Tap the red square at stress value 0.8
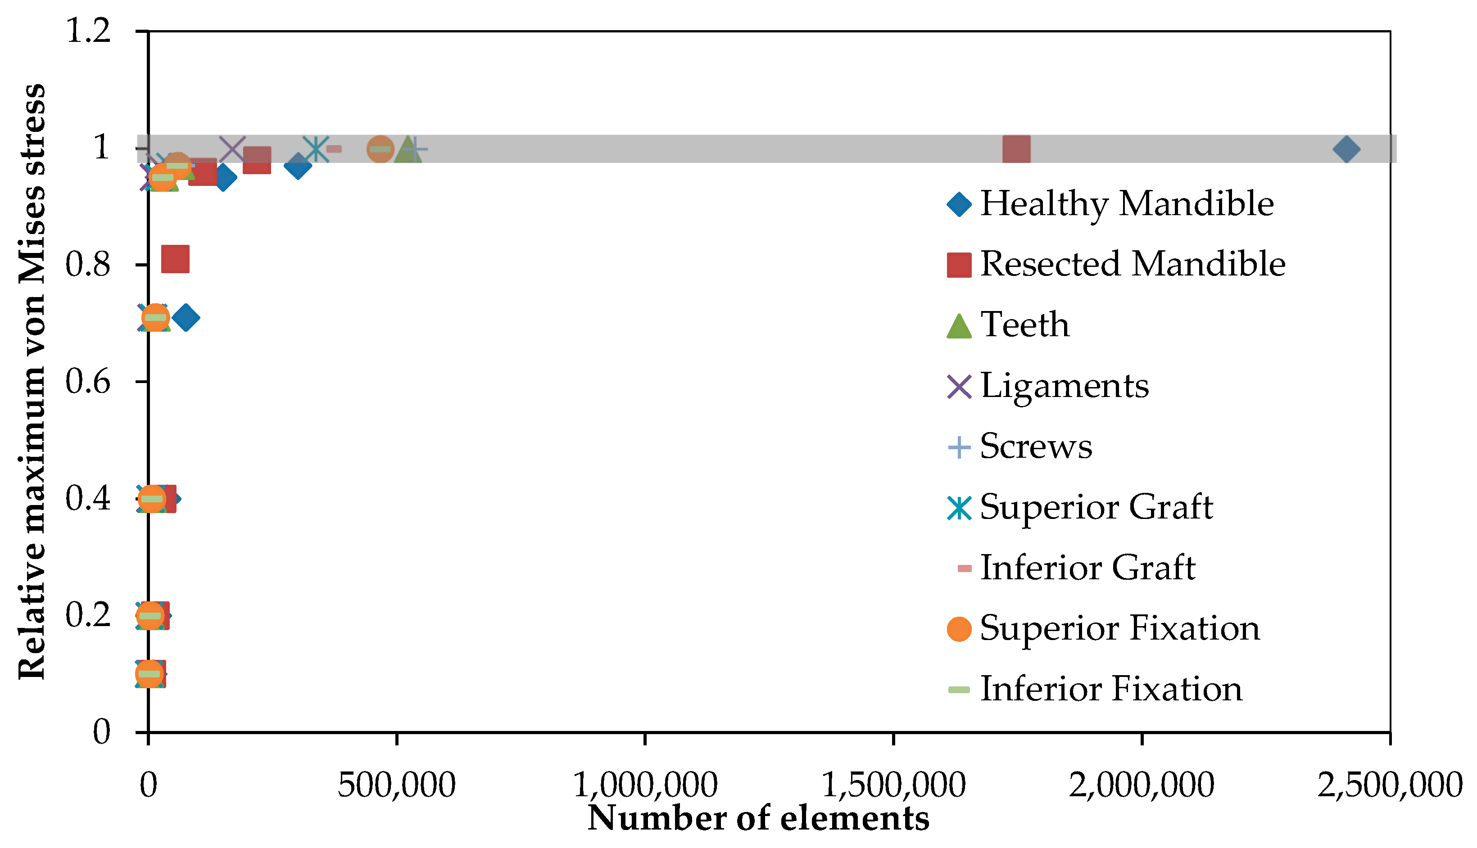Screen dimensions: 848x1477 [x=175, y=259]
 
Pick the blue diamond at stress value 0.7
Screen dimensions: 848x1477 [x=186, y=317]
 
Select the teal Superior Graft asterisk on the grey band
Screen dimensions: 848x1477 [x=316, y=149]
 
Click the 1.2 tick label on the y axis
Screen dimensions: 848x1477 [x=88, y=30]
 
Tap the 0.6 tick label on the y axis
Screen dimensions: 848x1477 [x=88, y=382]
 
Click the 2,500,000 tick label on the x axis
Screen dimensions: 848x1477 [x=1390, y=785]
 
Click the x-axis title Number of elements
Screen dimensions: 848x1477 [x=758, y=818]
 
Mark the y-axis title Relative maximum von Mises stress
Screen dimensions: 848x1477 [x=32, y=382]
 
